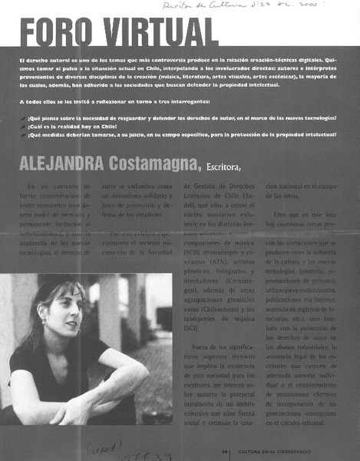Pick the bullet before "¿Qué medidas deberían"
coord(23,134)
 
